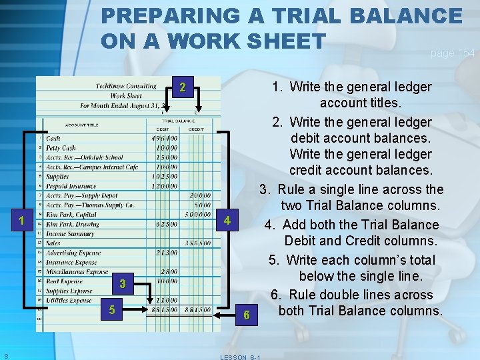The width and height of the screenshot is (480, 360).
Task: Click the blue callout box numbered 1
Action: click(22, 221)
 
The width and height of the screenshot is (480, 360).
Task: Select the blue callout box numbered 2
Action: click(182, 87)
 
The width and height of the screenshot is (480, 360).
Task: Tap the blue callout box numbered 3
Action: click(123, 285)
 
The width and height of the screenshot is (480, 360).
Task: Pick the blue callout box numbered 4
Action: click(227, 220)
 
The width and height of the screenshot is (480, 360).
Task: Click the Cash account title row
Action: click(53, 139)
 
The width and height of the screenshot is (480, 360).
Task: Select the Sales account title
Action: click(54, 243)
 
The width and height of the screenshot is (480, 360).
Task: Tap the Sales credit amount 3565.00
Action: click(198, 243)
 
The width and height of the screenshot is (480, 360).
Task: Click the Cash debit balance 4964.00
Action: click(164, 139)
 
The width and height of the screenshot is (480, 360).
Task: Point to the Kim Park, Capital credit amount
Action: click(198, 215)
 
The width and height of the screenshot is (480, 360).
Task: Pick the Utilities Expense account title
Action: click(69, 301)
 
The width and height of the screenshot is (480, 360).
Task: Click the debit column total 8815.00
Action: click(164, 309)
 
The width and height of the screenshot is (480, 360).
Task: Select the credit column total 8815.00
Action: click(198, 309)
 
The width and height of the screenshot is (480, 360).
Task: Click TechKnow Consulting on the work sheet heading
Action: click(126, 86)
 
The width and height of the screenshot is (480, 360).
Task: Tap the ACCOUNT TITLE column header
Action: click(82, 125)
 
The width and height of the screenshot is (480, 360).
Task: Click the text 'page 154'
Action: click(453, 53)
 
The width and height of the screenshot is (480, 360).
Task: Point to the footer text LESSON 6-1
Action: click(240, 357)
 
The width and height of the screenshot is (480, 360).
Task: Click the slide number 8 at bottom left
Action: click(5, 355)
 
